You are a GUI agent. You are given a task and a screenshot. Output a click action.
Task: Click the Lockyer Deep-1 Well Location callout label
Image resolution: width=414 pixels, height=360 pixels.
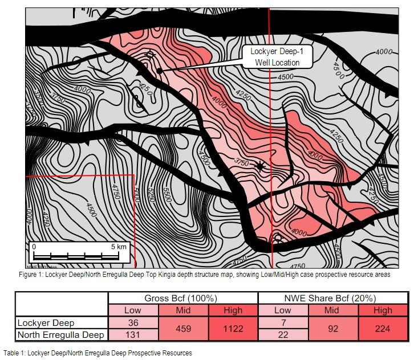point(277,56)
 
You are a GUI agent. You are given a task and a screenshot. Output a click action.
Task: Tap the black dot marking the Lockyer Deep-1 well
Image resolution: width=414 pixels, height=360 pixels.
point(160,71)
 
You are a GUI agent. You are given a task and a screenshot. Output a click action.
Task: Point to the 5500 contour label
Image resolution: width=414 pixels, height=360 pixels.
point(167,196)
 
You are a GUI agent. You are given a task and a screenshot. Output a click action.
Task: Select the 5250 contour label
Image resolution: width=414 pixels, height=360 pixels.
point(152,197)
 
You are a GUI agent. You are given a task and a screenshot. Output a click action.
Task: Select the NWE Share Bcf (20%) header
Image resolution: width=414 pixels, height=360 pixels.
point(333,298)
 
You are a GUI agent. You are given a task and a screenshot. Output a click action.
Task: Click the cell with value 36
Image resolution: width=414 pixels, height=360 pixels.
point(132,322)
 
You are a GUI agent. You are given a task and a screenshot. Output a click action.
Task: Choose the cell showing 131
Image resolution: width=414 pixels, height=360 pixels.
point(132,334)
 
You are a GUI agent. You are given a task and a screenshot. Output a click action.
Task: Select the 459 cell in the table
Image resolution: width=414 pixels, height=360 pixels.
point(182,329)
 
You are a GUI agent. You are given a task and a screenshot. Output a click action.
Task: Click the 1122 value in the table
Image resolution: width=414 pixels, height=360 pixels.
point(233,329)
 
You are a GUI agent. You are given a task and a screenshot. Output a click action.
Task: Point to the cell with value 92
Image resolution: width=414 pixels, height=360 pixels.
point(332,329)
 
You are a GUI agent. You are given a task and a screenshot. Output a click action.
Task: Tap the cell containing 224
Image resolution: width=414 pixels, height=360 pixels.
point(383,329)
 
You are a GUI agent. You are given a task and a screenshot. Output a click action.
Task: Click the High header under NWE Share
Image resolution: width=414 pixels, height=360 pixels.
point(383,310)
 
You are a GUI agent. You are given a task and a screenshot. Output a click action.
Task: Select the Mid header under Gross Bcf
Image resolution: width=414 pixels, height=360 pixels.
point(182,310)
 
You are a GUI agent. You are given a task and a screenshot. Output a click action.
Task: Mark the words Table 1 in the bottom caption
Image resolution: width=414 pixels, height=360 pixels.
point(15,353)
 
